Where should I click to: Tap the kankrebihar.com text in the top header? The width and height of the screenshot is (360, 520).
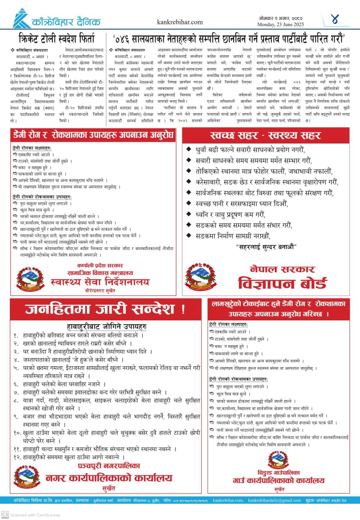pyautogui.click(x=180, y=22)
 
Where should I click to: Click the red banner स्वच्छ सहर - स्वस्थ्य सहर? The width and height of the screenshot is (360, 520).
pyautogui.click(x=265, y=136)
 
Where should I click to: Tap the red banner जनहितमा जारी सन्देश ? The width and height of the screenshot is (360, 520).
pyautogui.click(x=105, y=308)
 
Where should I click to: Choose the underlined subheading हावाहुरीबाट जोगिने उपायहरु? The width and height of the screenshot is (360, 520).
pyautogui.click(x=107, y=326)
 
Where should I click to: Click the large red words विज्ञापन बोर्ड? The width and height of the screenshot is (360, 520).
pyautogui.click(x=283, y=283)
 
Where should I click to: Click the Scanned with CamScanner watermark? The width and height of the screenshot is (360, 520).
pyautogui.click(x=30, y=514)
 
